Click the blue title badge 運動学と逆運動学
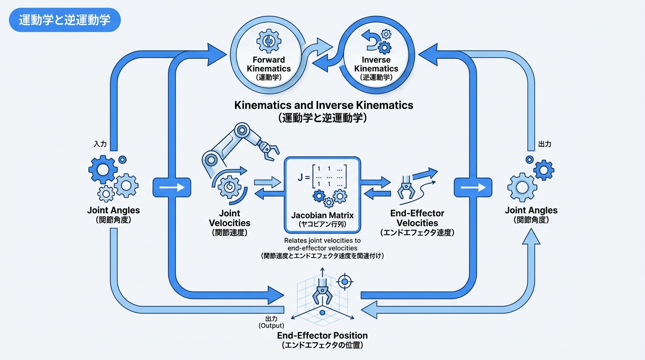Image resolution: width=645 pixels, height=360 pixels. (65, 21)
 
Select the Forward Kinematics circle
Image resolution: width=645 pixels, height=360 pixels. (269, 57)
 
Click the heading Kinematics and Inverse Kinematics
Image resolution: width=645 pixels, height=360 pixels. (323, 105)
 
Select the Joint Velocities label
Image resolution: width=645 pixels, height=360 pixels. (229, 218)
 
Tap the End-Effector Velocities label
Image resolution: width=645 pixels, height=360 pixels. (417, 218)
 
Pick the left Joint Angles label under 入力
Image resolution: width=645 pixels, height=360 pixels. (113, 210)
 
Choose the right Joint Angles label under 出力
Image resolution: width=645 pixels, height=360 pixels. (531, 210)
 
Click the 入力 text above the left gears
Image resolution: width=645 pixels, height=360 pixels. (101, 144)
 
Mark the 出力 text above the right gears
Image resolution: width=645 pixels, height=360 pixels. (544, 144)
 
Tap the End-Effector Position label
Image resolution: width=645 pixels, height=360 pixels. (322, 335)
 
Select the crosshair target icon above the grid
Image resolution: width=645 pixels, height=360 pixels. (345, 282)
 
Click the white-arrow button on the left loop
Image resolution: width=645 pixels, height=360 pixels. (172, 187)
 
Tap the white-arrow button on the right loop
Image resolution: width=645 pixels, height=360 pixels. (472, 187)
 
